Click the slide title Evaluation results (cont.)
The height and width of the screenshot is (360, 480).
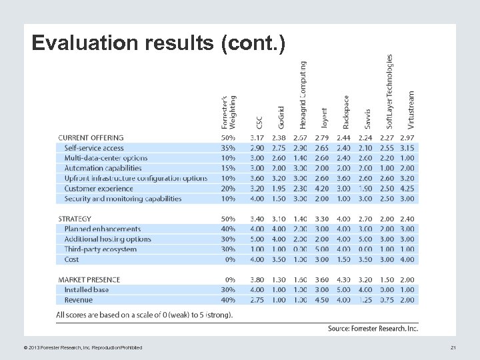click(159, 44)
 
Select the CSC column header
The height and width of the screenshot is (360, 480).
click(259, 123)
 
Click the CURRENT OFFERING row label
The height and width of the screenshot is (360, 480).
click(91, 138)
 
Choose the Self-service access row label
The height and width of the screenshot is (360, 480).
click(94, 148)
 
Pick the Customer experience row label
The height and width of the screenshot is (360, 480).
click(99, 189)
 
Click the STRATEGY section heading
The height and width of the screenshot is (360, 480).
click(75, 219)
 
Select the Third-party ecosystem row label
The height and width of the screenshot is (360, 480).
click(101, 249)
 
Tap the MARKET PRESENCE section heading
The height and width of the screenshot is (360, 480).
click(88, 279)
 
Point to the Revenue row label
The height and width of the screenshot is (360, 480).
click(79, 300)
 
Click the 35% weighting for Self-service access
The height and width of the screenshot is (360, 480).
click(227, 148)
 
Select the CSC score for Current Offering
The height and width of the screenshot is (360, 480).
click(257, 138)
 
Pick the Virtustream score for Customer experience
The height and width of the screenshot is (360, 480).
click(407, 189)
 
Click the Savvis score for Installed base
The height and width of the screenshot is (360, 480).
click(365, 290)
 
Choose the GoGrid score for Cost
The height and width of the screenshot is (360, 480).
click(279, 259)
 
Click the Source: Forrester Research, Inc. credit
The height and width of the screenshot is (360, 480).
click(373, 328)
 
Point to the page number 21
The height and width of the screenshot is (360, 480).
click(453, 347)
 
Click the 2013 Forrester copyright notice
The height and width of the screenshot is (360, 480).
click(77, 347)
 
